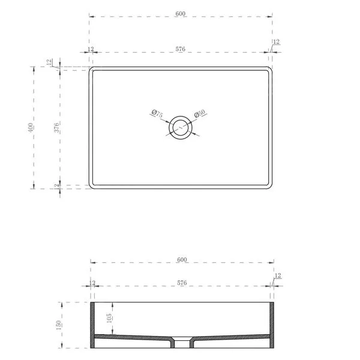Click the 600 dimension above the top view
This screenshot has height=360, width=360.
(180, 14)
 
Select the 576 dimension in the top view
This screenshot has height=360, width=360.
(180, 49)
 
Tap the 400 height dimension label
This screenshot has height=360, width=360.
(31, 128)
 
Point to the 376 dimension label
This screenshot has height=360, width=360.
(56, 128)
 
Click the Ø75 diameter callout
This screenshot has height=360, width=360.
(157, 113)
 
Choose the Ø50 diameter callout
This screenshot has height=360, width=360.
(199, 113)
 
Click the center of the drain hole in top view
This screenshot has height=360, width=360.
(181, 127)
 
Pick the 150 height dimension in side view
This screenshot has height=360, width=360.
(59, 325)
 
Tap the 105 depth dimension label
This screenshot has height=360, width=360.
(109, 318)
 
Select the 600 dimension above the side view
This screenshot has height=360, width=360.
(182, 260)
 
